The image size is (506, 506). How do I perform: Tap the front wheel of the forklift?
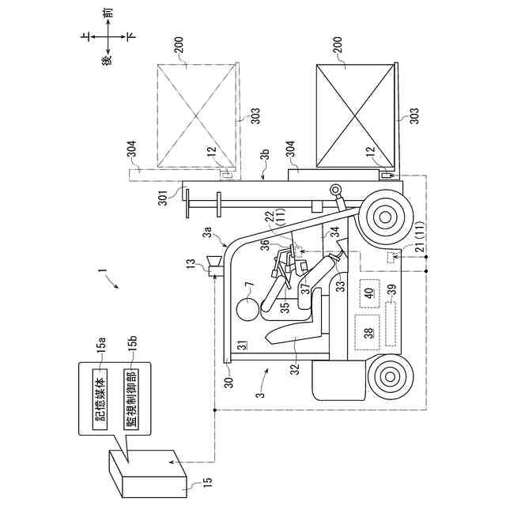385,214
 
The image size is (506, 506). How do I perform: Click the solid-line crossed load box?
355,115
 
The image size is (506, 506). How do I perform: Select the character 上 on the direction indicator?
85,36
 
